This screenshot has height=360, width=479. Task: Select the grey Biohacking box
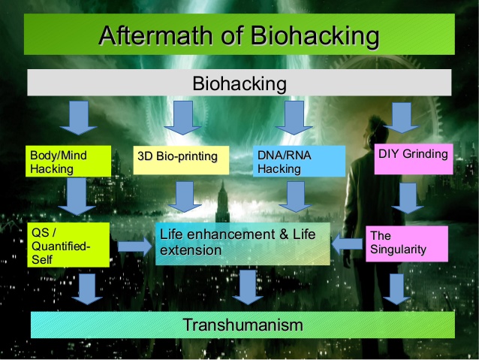point(239,83)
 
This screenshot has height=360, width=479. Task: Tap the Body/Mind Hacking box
point(68,161)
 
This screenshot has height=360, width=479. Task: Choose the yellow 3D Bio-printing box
point(181,160)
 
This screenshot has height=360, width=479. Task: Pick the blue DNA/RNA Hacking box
point(299,161)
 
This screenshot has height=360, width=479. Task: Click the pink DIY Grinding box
point(414,159)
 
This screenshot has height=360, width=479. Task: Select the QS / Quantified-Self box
point(68,245)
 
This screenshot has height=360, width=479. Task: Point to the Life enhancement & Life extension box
point(243,244)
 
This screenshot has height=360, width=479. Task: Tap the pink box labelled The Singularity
point(407,244)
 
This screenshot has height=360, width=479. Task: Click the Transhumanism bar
point(243,325)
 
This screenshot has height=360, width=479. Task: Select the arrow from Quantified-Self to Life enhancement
point(134,247)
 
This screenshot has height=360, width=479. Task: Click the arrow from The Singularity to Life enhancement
point(347,244)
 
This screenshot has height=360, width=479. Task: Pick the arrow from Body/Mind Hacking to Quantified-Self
point(77,196)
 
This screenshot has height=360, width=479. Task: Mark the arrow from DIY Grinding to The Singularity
point(408,198)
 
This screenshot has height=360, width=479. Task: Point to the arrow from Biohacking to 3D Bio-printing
point(182,118)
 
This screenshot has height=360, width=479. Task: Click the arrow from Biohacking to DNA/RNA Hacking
point(294,118)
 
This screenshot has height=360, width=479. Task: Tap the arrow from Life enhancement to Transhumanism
point(248,288)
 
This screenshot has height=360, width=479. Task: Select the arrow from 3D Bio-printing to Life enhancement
point(185,197)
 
